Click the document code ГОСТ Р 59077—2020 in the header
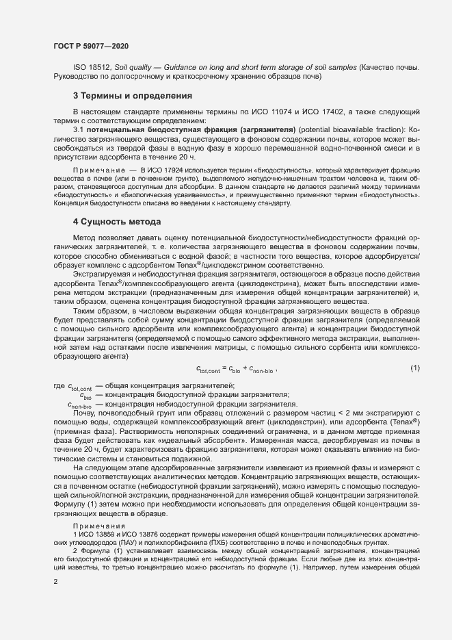point(90,46)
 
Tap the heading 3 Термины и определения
point(133,95)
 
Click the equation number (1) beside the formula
point(414,369)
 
